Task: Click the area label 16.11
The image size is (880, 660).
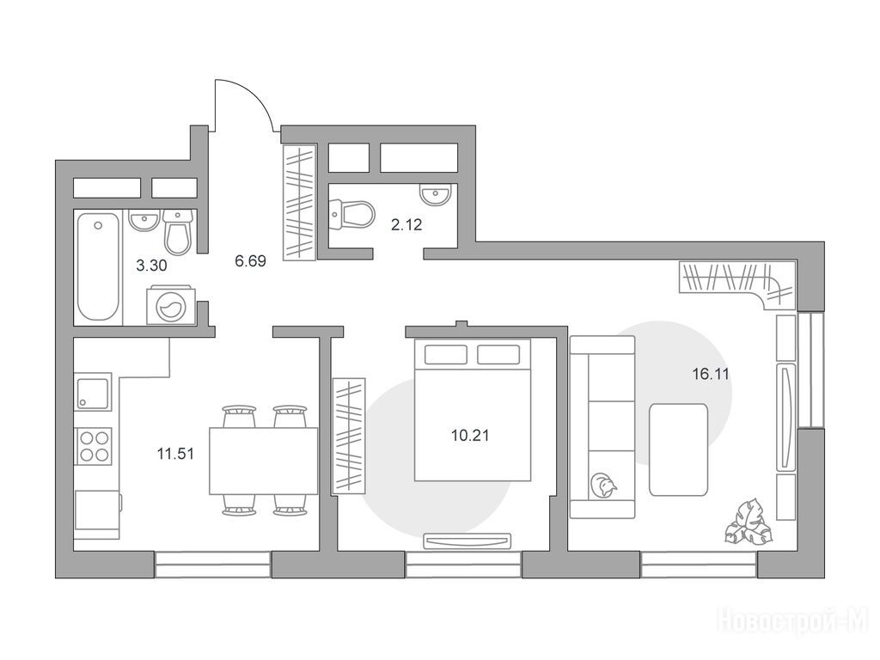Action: (711, 374)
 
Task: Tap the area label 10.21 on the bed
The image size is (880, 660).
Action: (470, 435)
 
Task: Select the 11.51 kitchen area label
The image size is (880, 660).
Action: (175, 454)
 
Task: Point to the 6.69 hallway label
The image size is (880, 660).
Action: (250, 261)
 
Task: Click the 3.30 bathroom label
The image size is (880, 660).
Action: (151, 266)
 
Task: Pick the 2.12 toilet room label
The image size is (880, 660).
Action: (406, 226)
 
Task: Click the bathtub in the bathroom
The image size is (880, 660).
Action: (98, 266)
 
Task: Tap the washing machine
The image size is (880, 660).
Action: (171, 305)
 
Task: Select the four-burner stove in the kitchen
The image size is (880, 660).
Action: (94, 445)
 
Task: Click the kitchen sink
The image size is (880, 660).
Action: (93, 392)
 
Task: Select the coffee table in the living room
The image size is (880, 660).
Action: (678, 449)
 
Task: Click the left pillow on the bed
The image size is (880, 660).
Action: (446, 355)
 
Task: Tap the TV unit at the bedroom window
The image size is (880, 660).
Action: (467, 541)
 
